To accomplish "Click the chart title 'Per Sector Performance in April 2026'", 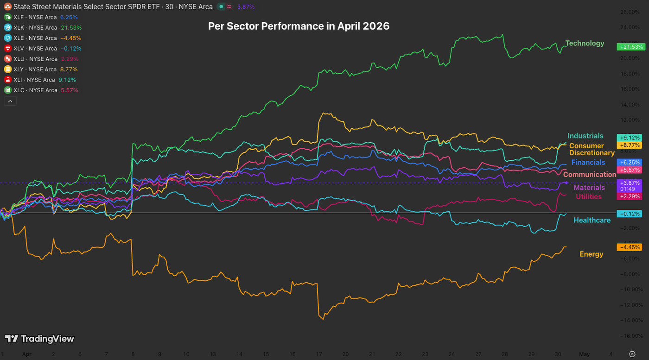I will tap(299, 26).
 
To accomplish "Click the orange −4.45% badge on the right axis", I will tap(629, 247).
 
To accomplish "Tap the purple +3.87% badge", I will tap(629, 183).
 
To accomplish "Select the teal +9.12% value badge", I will tap(629, 138).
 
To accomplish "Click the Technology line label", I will tap(585, 43).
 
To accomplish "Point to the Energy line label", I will tap(591, 254).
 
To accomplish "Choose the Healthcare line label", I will tap(592, 220).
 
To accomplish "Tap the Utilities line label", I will tap(588, 197).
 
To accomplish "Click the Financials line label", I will tap(588, 163).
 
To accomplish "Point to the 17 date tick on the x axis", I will tap(318, 354).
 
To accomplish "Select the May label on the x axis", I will tap(585, 354).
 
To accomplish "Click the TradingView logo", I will tap(39, 339).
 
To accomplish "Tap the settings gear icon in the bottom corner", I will tap(632, 354).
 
